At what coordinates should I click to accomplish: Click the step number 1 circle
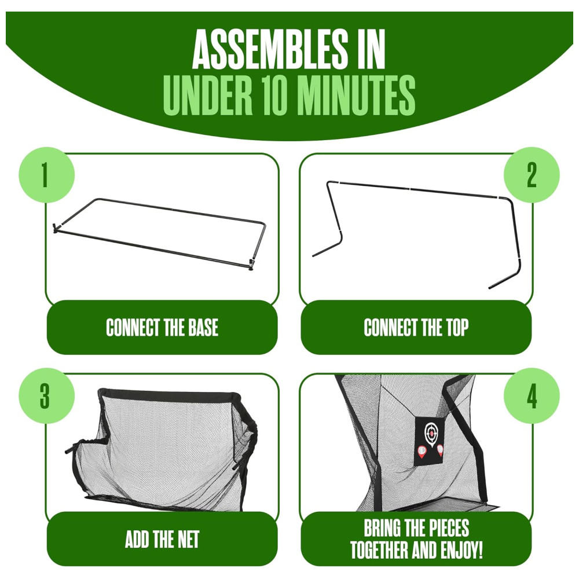46,175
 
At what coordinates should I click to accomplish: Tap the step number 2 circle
532,175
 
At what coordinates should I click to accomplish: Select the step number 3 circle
46,395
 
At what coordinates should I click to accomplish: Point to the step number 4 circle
532,395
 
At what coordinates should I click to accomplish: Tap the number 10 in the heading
274,95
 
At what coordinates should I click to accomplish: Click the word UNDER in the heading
207,95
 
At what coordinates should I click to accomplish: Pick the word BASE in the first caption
203,327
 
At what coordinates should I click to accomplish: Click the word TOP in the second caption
457,327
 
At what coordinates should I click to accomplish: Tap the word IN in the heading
371,49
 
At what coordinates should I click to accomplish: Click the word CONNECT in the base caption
133,327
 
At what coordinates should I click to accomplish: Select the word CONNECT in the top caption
390,327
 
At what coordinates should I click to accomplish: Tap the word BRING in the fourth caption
383,528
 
